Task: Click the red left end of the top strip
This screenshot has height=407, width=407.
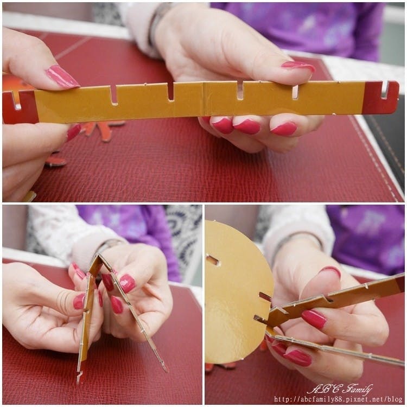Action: pyautogui.click(x=20, y=107)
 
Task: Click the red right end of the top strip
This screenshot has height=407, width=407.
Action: pyautogui.click(x=380, y=98)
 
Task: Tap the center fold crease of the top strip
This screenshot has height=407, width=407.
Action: pyautogui.click(x=204, y=99)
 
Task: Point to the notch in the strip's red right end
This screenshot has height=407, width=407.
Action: pyautogui.click(x=385, y=90)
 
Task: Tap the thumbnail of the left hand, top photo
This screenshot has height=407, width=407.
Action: pyautogui.click(x=62, y=77)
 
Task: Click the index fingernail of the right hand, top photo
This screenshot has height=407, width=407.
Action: pyautogui.click(x=298, y=66)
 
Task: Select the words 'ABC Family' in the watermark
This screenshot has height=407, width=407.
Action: pyautogui.click(x=340, y=390)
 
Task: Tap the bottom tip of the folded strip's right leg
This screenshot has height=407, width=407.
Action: pyautogui.click(x=163, y=367)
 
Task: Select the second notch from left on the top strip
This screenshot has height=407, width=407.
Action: pyautogui.click(x=112, y=96)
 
